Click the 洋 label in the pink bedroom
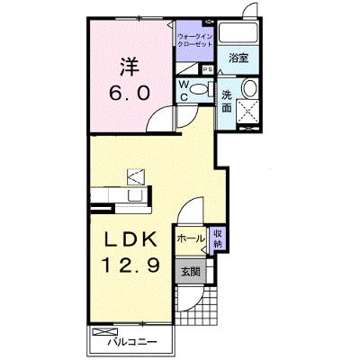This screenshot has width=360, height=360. click(130, 67)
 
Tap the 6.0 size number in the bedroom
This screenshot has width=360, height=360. click(130, 93)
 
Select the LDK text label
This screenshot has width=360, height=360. click(130, 239)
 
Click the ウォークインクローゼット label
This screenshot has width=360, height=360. click(195, 40)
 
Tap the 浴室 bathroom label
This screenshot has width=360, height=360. click(238, 58)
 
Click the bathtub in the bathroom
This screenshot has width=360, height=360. click(238, 32)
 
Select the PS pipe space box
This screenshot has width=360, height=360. click(208, 69)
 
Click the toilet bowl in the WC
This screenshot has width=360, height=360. click(199, 89)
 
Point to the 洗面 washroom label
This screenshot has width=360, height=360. click(227, 102)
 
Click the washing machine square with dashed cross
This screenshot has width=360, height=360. click(247, 112)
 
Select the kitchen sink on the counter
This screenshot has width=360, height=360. click(135, 195)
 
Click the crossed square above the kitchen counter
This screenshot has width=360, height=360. click(136, 177)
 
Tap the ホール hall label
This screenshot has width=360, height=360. click(191, 238)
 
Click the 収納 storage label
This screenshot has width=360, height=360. click(218, 238)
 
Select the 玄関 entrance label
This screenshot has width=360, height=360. click(191, 272)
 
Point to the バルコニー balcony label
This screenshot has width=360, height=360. click(132, 342)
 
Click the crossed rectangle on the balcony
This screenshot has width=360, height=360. click(105, 332)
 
